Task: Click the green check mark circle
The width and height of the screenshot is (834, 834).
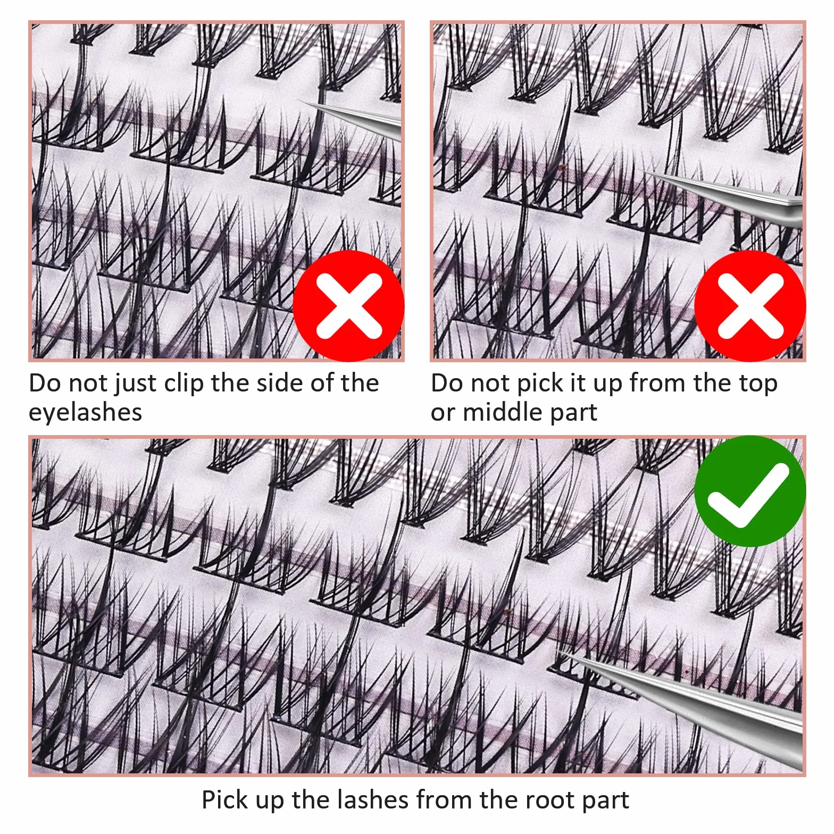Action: click(x=750, y=491)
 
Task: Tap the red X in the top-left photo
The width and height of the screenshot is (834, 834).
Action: click(x=349, y=306)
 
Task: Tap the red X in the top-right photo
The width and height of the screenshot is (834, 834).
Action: click(x=750, y=306)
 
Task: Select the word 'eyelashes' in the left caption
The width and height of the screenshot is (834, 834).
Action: click(x=86, y=412)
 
